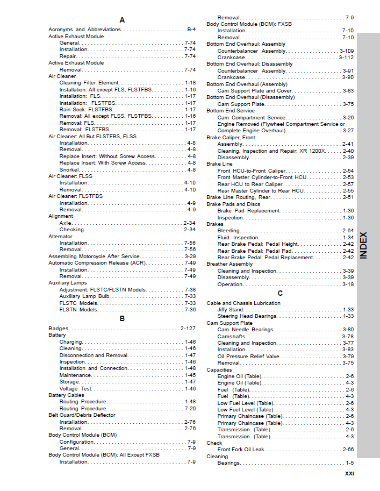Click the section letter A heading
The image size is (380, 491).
(122, 20)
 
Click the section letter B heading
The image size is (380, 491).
(122, 318)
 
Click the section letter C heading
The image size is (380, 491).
(280, 293)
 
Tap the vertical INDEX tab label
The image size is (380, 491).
(364, 245)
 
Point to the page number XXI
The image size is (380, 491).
(349, 474)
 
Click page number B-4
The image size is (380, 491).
(191, 30)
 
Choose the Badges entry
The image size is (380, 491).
(59, 329)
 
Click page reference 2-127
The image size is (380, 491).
(188, 329)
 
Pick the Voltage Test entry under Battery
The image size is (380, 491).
(75, 388)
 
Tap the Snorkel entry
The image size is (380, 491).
(69, 169)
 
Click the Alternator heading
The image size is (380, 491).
(60, 236)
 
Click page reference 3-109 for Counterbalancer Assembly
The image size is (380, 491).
(346, 51)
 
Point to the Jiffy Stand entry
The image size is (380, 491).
(230, 310)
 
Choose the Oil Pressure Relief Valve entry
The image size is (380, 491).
(248, 356)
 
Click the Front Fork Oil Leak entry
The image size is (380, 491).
(241, 450)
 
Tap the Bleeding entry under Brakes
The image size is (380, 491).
(228, 231)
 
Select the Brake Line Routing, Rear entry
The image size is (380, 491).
(239, 197)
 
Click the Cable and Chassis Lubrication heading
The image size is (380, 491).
(243, 303)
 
